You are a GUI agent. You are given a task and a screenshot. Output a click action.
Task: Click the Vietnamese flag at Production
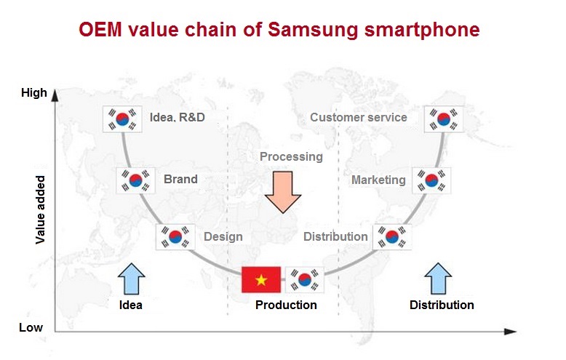[x=261, y=279]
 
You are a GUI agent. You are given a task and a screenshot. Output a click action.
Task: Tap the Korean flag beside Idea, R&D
[x=122, y=119]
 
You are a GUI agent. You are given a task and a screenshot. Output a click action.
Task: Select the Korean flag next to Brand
[x=136, y=180]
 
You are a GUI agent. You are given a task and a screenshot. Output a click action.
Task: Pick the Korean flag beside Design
[x=175, y=237]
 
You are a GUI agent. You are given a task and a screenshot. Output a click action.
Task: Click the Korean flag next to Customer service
[x=444, y=119]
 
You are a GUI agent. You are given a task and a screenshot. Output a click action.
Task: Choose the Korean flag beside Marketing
[x=431, y=180]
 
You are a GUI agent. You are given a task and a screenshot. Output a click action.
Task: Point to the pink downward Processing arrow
[x=283, y=192]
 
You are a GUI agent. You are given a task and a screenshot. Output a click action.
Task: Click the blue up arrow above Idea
[x=132, y=279]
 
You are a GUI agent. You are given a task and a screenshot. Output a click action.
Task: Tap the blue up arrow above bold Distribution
[x=438, y=279]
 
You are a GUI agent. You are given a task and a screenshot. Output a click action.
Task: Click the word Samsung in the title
[x=313, y=30]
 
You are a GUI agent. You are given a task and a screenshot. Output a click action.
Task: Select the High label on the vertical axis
[x=34, y=92]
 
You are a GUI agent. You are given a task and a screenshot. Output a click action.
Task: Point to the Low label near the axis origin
[x=31, y=327]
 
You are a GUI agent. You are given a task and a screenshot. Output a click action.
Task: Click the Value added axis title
[x=41, y=210]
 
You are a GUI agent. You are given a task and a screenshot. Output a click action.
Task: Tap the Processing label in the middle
[x=291, y=157]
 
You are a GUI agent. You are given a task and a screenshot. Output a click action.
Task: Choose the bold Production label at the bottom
[x=286, y=305]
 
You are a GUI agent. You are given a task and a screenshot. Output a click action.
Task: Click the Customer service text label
[x=359, y=118]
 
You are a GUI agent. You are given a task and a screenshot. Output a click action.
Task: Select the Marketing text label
[x=378, y=180]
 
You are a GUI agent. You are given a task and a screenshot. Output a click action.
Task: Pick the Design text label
[x=223, y=237]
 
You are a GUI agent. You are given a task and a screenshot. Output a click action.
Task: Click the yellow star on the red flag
[x=261, y=280]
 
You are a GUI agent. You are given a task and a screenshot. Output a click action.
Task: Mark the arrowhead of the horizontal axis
[x=514, y=332]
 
